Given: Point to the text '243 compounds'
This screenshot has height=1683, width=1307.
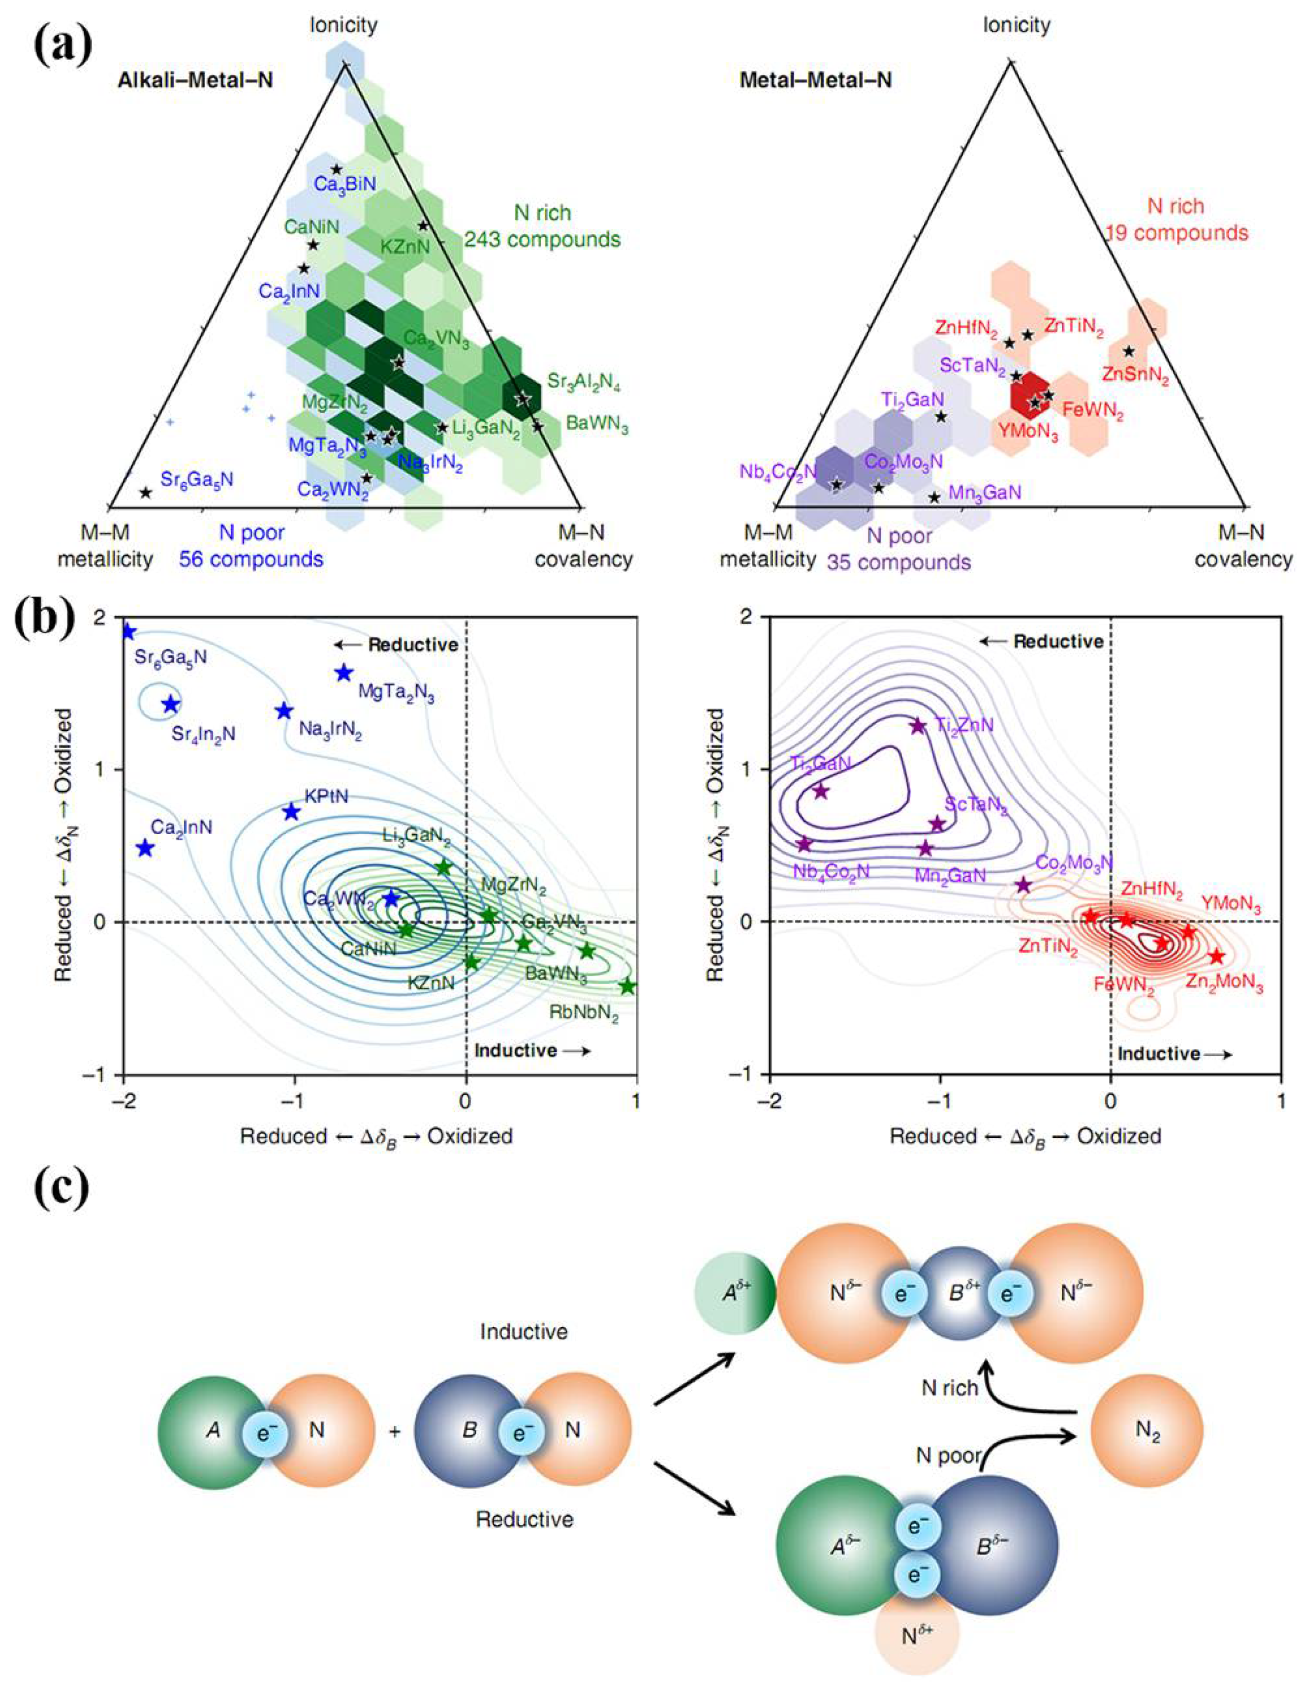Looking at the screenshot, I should pyautogui.click(x=542, y=239).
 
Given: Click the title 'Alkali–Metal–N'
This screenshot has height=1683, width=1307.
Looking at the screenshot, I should pyautogui.click(x=195, y=80).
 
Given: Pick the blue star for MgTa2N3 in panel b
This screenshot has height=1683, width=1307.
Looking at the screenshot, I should pyautogui.click(x=344, y=673).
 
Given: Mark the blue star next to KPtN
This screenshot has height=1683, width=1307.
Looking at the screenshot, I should pyautogui.click(x=290, y=811).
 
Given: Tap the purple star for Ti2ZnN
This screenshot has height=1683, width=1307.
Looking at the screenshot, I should pyautogui.click(x=917, y=726).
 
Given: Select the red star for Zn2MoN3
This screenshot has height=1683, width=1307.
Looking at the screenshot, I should pyautogui.click(x=1216, y=956).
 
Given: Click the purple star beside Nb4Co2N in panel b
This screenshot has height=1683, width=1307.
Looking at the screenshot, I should pyautogui.click(x=804, y=844).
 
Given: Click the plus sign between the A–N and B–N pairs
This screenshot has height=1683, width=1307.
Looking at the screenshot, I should pyautogui.click(x=395, y=1432).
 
